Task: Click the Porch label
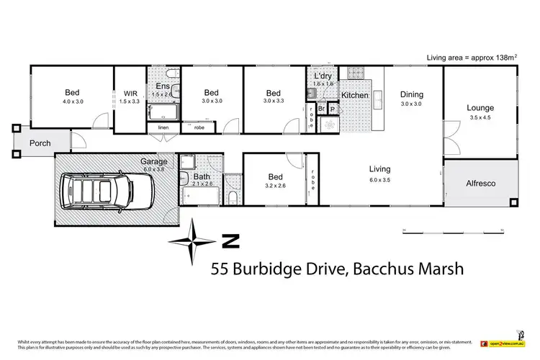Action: pyautogui.click(x=40, y=143)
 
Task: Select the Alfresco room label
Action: pyautogui.click(x=482, y=184)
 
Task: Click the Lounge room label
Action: pyautogui.click(x=480, y=108)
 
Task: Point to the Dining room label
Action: pyautogui.click(x=412, y=94)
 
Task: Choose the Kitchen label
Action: pyautogui.click(x=354, y=95)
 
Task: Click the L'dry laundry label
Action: pyautogui.click(x=323, y=76)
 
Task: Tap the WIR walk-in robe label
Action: pyautogui.click(x=130, y=93)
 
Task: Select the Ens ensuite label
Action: pyautogui.click(x=163, y=86)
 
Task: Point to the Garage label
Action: pyautogui.click(x=153, y=161)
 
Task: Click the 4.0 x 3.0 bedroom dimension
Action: pyautogui.click(x=72, y=102)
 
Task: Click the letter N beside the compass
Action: pyautogui.click(x=229, y=240)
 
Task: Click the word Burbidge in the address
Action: pyautogui.click(x=277, y=269)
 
